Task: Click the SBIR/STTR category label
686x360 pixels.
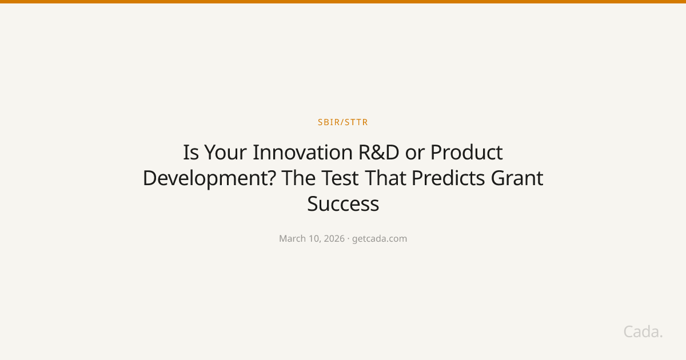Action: click(343, 122)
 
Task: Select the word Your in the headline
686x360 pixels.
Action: click(226, 153)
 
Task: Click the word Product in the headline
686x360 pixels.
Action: click(466, 153)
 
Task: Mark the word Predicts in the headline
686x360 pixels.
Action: click(448, 178)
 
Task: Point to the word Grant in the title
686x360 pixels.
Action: click(517, 178)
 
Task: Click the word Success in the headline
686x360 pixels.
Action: click(343, 204)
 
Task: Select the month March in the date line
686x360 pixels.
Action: click(292, 239)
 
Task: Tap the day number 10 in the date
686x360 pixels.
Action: click(314, 239)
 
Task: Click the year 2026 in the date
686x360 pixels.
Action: click(333, 239)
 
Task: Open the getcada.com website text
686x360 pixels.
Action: click(380, 239)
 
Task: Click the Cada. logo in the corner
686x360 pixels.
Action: click(643, 331)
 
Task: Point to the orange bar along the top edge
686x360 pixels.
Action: click(343, 2)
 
